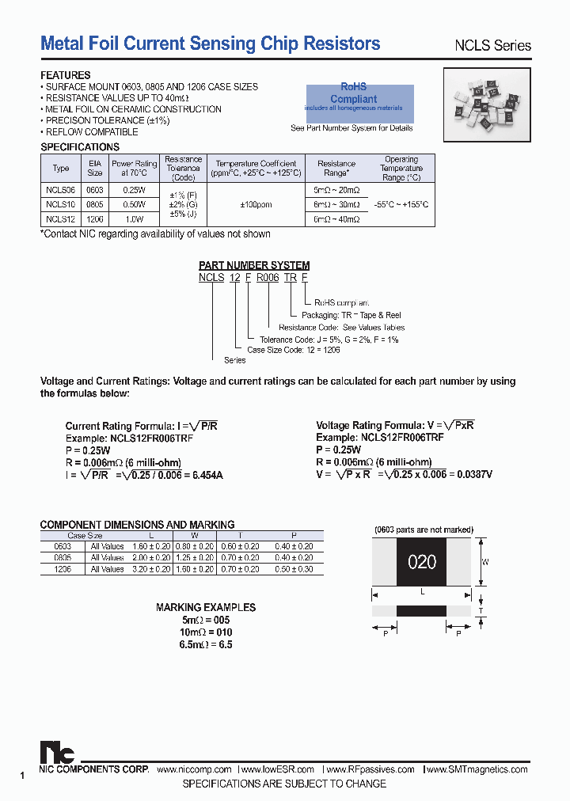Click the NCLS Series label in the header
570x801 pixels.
coord(492,46)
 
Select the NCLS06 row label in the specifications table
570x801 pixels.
coord(60,191)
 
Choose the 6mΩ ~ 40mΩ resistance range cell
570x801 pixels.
coord(336,219)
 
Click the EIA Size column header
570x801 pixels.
coord(95,168)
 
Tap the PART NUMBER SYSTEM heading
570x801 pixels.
coord(254,265)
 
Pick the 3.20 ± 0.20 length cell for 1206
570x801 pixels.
coord(150,569)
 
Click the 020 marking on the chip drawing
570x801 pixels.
coord(422,562)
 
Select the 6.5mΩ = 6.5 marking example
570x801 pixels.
coord(205,644)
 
